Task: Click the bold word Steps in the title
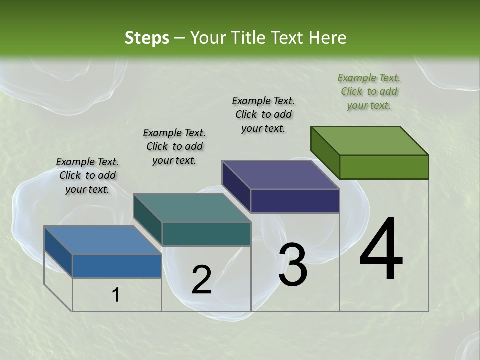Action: click(x=147, y=38)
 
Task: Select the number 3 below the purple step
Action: click(x=293, y=265)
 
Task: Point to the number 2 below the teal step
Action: click(x=201, y=280)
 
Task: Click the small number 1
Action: click(x=116, y=295)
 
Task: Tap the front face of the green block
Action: click(x=384, y=167)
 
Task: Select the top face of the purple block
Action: click(x=281, y=175)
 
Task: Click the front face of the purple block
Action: click(x=295, y=201)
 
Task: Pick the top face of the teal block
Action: click(x=192, y=208)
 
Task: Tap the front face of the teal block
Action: click(x=206, y=234)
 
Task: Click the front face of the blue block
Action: click(x=117, y=266)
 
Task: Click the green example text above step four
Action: click(x=369, y=91)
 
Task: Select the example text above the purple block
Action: click(x=263, y=114)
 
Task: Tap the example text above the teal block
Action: click(x=174, y=146)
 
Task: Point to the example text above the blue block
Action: click(x=87, y=175)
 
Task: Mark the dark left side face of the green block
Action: click(x=325, y=152)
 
